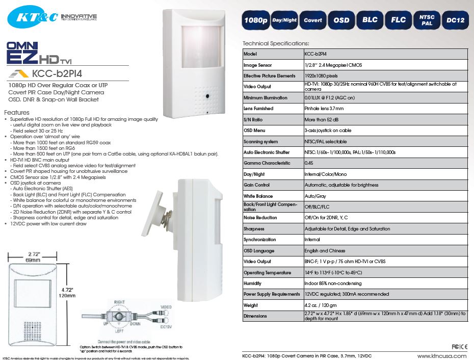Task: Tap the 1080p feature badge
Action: pyautogui.click(x=255, y=20)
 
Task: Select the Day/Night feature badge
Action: pyautogui.click(x=284, y=20)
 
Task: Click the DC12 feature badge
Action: pyautogui.click(x=455, y=20)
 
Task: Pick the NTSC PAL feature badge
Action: pyautogui.click(x=427, y=20)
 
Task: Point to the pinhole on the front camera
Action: pyautogui.click(x=208, y=96)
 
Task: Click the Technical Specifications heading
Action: pyautogui.click(x=276, y=43)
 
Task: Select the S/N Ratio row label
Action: pyautogui.click(x=254, y=119)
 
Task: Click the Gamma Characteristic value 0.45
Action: pyautogui.click(x=309, y=163)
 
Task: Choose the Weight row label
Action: pyautogui.click(x=251, y=305)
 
